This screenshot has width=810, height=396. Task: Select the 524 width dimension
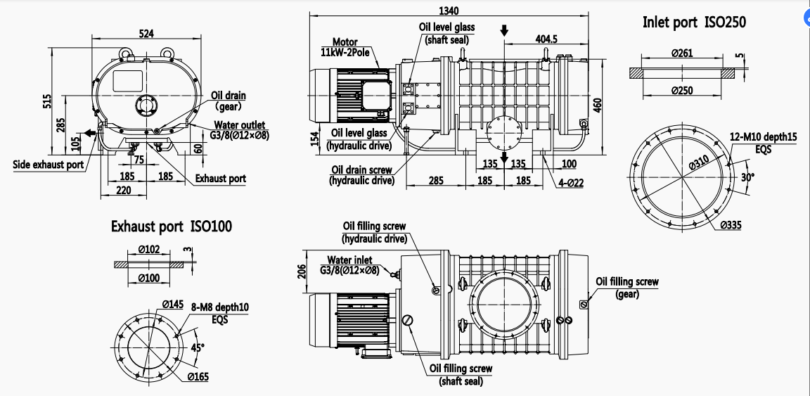click(147, 33)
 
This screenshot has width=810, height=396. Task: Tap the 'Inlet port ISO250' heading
click(694, 23)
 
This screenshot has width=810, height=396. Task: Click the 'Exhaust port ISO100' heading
click(172, 226)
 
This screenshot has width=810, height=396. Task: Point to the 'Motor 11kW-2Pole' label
click(348, 47)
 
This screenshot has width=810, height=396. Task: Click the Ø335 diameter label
click(731, 225)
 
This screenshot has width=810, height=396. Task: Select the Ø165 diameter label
click(198, 377)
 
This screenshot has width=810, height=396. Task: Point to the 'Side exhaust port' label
click(48, 165)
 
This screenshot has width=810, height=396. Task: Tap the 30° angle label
click(747, 177)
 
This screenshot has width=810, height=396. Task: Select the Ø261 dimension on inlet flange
click(681, 54)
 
